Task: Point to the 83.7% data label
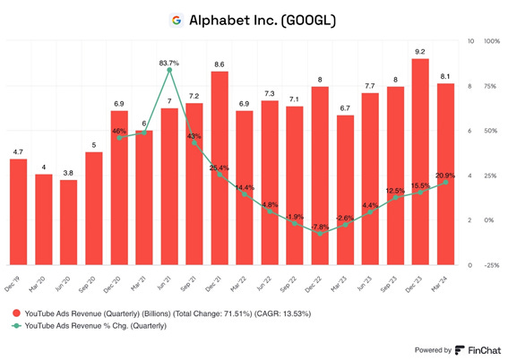[x=169, y=63]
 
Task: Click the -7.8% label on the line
[x=321, y=227]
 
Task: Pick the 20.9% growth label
[x=445, y=176]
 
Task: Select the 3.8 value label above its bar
[x=69, y=173]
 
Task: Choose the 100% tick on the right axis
[x=492, y=41]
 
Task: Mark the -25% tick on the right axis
[x=492, y=265]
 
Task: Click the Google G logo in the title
[x=176, y=19]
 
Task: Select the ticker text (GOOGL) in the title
[x=303, y=19]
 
